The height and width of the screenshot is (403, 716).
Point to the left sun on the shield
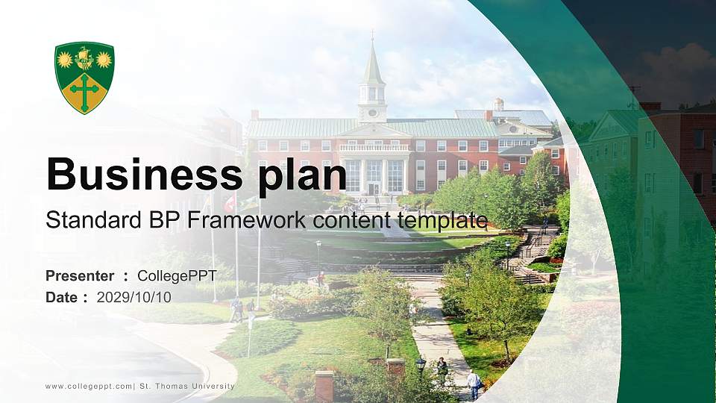tap(66, 59)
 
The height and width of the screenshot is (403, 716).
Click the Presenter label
tap(80, 276)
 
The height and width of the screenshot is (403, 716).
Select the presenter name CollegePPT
tap(177, 276)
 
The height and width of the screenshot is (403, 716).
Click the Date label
tap(61, 297)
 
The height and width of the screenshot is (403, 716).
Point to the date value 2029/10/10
tap(134, 297)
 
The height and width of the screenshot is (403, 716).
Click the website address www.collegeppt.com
tap(89, 387)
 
